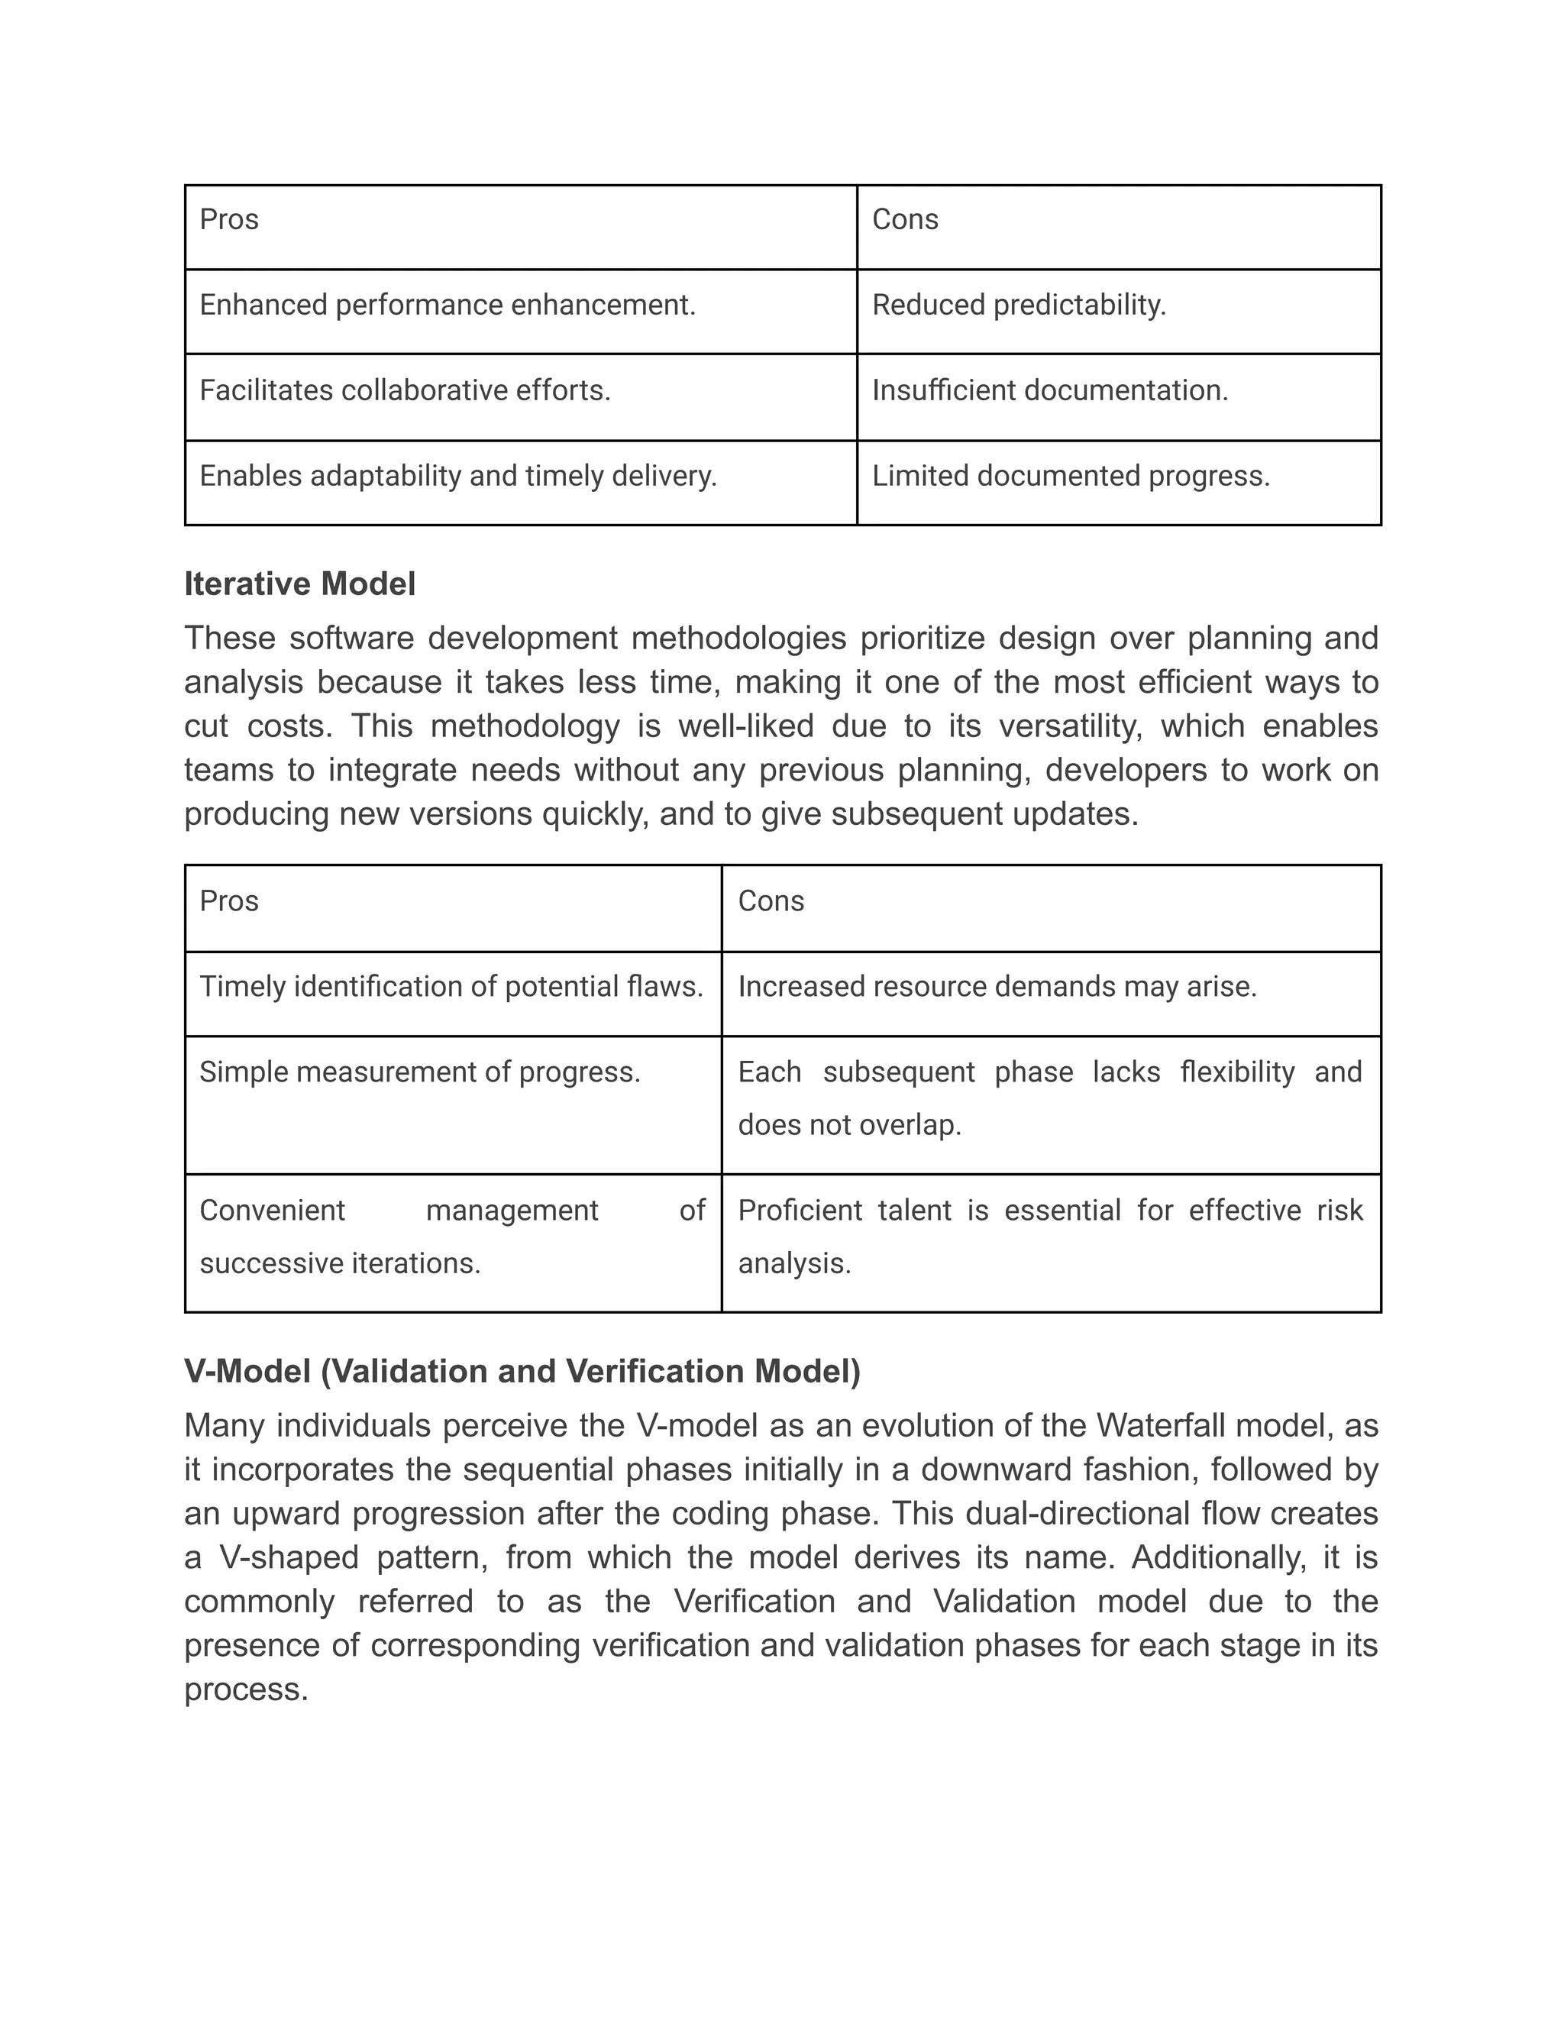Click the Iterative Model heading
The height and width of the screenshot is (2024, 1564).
(299, 584)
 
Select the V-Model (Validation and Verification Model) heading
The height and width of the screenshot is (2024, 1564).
(522, 1371)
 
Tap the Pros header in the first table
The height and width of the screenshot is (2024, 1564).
(229, 220)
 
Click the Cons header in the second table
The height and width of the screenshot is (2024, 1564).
(770, 900)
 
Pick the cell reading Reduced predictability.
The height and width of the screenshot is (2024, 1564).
(1018, 305)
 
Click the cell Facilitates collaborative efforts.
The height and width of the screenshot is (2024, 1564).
(405, 390)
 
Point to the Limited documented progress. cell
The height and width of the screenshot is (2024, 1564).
(1070, 475)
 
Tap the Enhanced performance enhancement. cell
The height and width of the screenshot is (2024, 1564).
(448, 305)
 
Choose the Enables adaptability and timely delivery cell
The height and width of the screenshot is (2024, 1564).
(457, 475)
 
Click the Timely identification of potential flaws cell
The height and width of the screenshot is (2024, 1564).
(451, 986)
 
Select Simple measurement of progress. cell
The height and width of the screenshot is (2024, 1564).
(420, 1072)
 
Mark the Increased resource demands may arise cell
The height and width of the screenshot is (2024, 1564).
(997, 986)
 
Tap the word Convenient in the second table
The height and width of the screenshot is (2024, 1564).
(271, 1211)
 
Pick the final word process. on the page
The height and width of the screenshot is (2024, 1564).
(246, 1689)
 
